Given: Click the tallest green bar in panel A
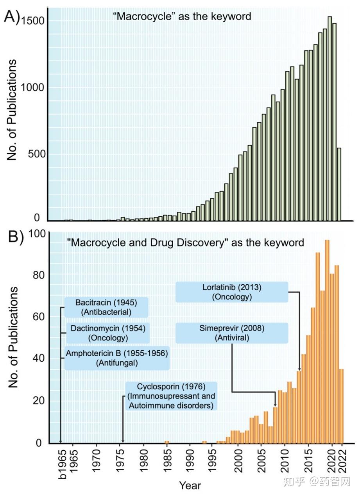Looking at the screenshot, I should [330, 117].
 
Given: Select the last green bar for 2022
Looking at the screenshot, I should [339, 184].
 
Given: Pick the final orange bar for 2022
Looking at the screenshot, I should [341, 406].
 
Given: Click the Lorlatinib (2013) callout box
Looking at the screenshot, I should [232, 292].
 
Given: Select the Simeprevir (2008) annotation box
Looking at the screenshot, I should [232, 333].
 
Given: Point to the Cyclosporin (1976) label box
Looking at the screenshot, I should [171, 396].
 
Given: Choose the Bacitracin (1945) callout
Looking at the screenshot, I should [106, 307].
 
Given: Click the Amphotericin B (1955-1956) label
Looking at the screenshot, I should [117, 358].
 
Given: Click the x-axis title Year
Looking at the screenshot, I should [190, 485].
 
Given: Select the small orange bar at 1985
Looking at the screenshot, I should [167, 442].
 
